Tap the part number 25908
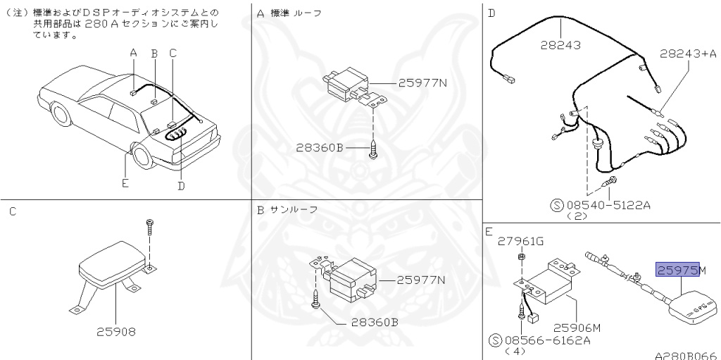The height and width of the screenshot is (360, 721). pos(116,330)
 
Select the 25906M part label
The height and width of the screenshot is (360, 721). pos(577,327)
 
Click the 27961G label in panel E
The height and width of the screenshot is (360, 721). pos(521,241)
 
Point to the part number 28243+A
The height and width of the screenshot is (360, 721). pos(688,53)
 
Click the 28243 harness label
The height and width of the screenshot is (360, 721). pos(560,45)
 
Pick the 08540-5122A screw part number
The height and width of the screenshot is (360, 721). pos(610,206)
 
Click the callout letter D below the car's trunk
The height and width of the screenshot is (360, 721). pos(181,185)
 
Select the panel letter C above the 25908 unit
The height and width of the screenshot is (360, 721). pos(13,211)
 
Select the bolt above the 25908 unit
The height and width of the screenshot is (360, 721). pos(150,225)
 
